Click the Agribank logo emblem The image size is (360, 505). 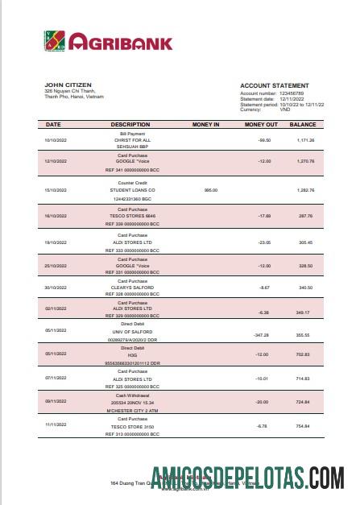[x=55, y=40]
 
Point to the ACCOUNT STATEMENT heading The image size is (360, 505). [x=274, y=85]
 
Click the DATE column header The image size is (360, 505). [x=53, y=125]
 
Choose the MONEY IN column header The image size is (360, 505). [x=206, y=125]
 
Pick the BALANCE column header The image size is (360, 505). [x=303, y=125]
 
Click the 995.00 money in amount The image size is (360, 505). [x=211, y=190]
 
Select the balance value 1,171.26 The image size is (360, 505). [x=305, y=140]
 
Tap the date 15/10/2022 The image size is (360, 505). [x=56, y=190]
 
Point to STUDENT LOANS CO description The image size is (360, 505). [x=132, y=190]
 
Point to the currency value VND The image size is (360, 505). [x=284, y=109]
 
